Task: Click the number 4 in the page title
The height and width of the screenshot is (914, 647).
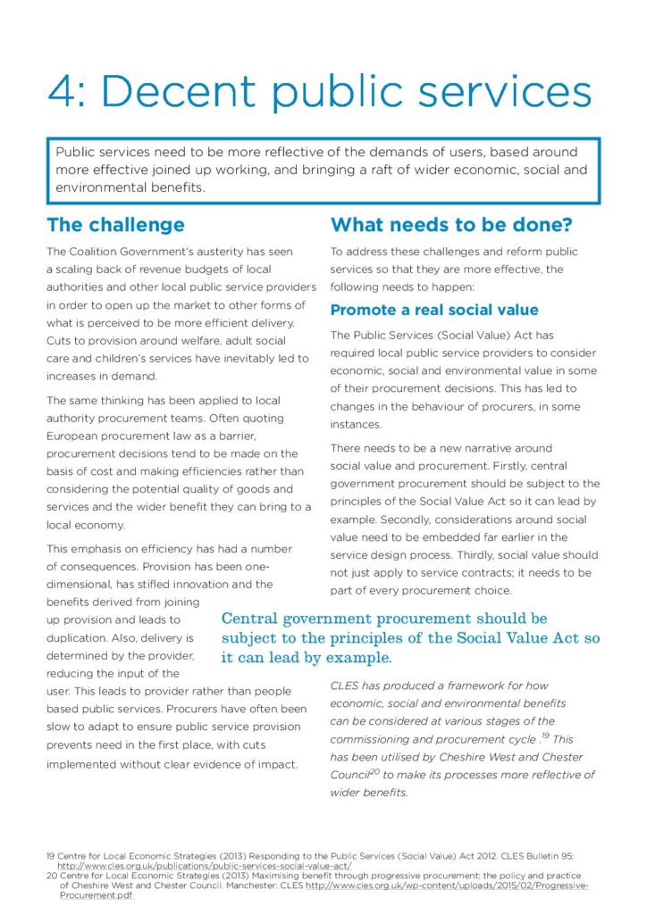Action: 65,92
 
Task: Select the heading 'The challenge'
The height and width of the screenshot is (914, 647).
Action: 115,225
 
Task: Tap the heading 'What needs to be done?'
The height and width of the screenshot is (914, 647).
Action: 451,225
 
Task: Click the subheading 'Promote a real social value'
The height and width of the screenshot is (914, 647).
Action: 434,311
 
